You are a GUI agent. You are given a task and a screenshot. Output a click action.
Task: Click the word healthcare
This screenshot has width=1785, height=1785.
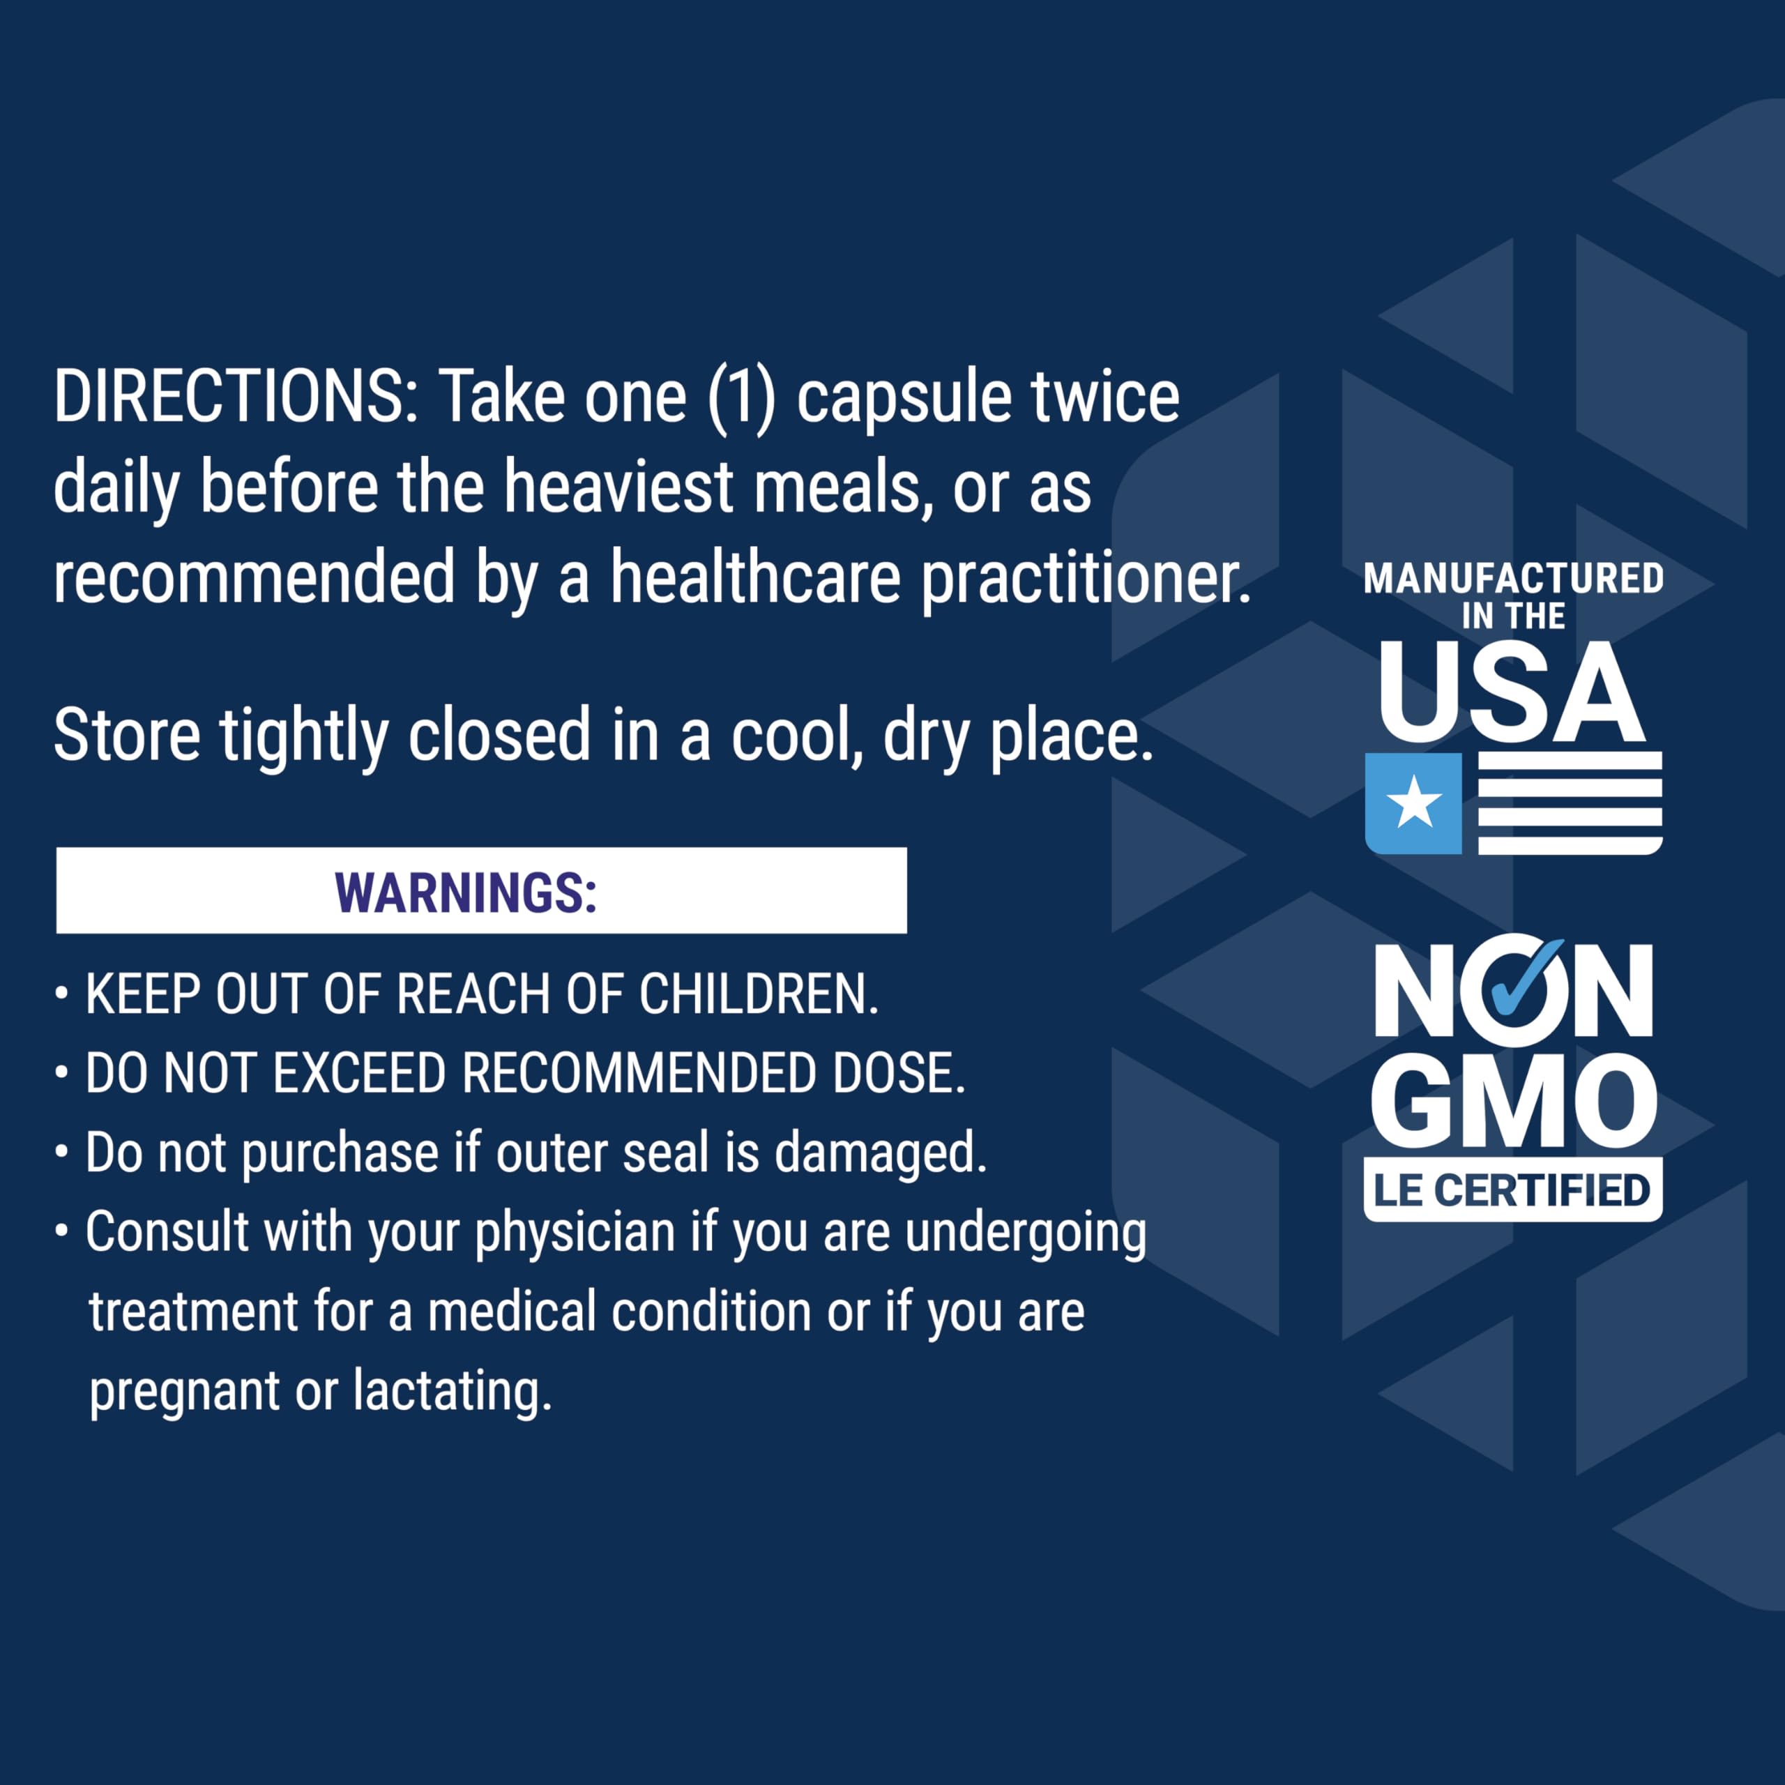pyautogui.click(x=755, y=577)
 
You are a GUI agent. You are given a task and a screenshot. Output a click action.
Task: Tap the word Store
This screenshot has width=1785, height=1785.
pyautogui.click(x=128, y=736)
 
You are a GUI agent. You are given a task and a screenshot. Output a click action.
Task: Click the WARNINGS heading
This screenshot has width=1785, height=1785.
pyautogui.click(x=466, y=892)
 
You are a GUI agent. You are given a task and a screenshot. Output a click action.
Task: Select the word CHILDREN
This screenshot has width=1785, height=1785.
pyautogui.click(x=759, y=994)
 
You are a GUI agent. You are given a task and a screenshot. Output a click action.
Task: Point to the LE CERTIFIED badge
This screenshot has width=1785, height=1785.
pyautogui.click(x=1512, y=1189)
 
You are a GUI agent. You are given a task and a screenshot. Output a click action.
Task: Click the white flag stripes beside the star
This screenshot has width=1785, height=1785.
pyautogui.click(x=1571, y=803)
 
